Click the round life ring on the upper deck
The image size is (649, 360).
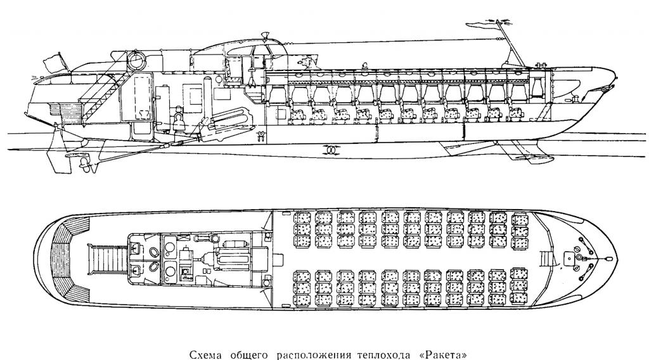tap(138, 60)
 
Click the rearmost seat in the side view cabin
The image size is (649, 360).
tap(296, 114)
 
